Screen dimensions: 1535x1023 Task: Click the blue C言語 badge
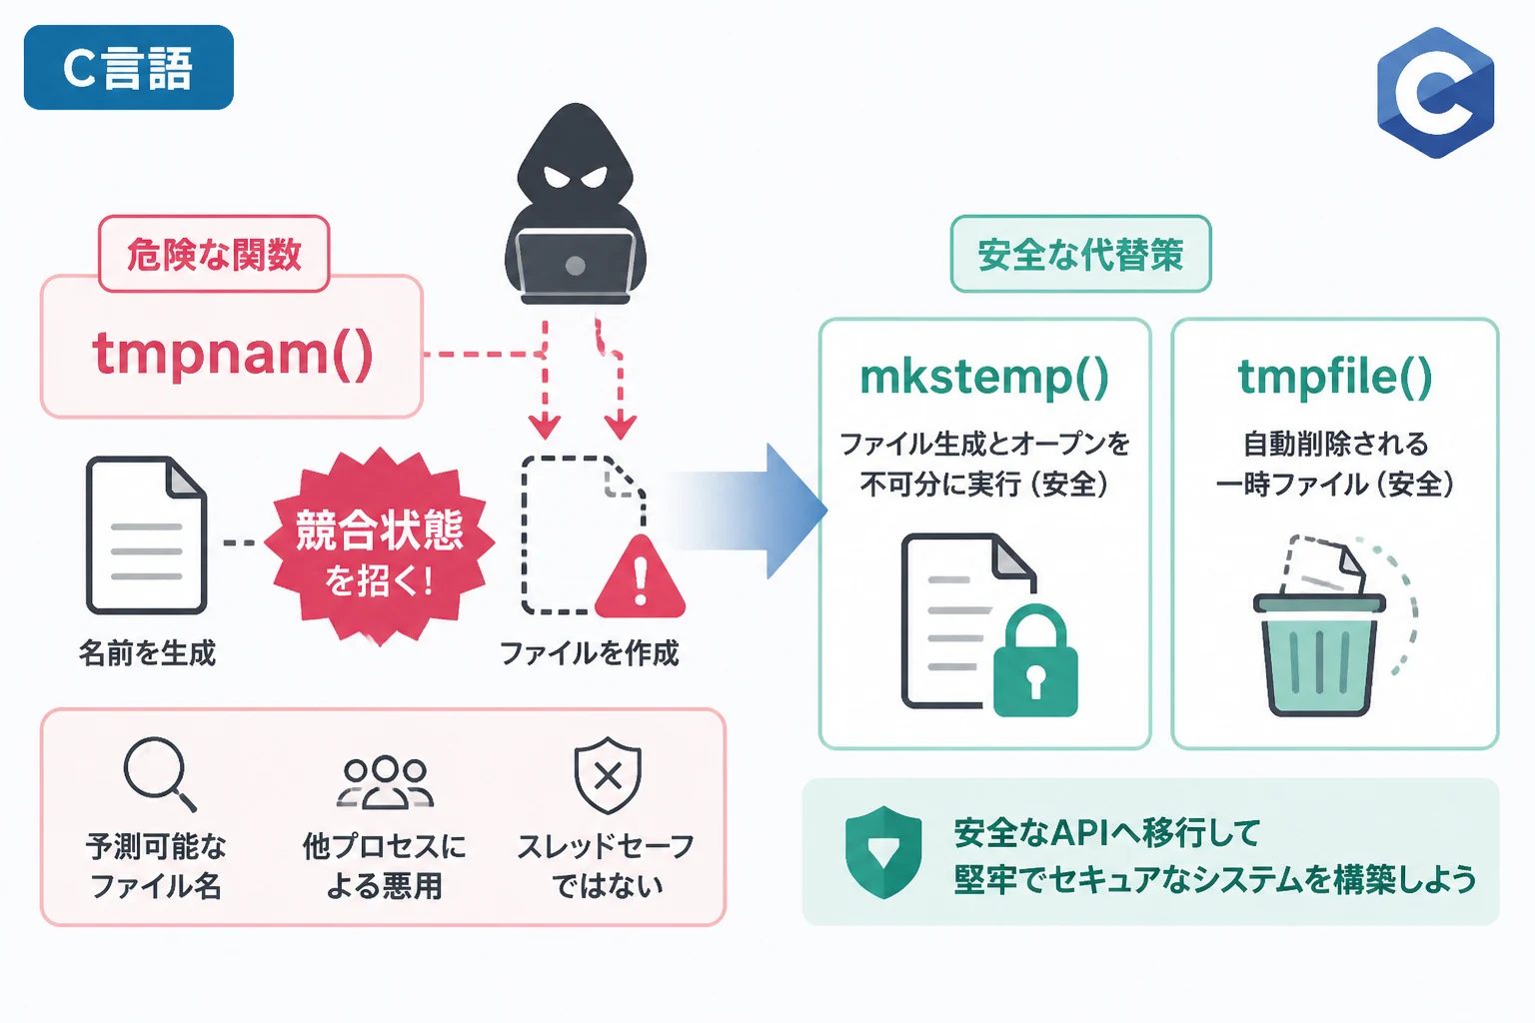129,67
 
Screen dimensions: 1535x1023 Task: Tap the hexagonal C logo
1436,93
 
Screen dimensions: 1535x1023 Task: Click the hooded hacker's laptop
576,265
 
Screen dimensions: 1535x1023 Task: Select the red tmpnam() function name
232,354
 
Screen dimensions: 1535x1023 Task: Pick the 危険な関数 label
214,254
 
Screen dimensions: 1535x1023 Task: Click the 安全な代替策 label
1080,254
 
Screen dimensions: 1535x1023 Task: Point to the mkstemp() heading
984,378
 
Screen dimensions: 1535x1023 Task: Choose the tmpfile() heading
1335,378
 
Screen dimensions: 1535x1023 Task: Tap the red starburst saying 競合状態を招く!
380,545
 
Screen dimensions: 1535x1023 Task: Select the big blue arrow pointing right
747,511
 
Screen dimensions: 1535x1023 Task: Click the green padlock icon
1035,660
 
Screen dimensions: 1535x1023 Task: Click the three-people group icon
385,782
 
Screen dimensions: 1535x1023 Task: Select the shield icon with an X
608,775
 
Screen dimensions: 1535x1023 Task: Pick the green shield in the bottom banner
883,852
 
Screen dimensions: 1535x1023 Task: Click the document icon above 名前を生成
146,535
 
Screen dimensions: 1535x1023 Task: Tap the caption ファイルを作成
590,653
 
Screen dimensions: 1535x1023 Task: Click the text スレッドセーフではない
606,866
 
